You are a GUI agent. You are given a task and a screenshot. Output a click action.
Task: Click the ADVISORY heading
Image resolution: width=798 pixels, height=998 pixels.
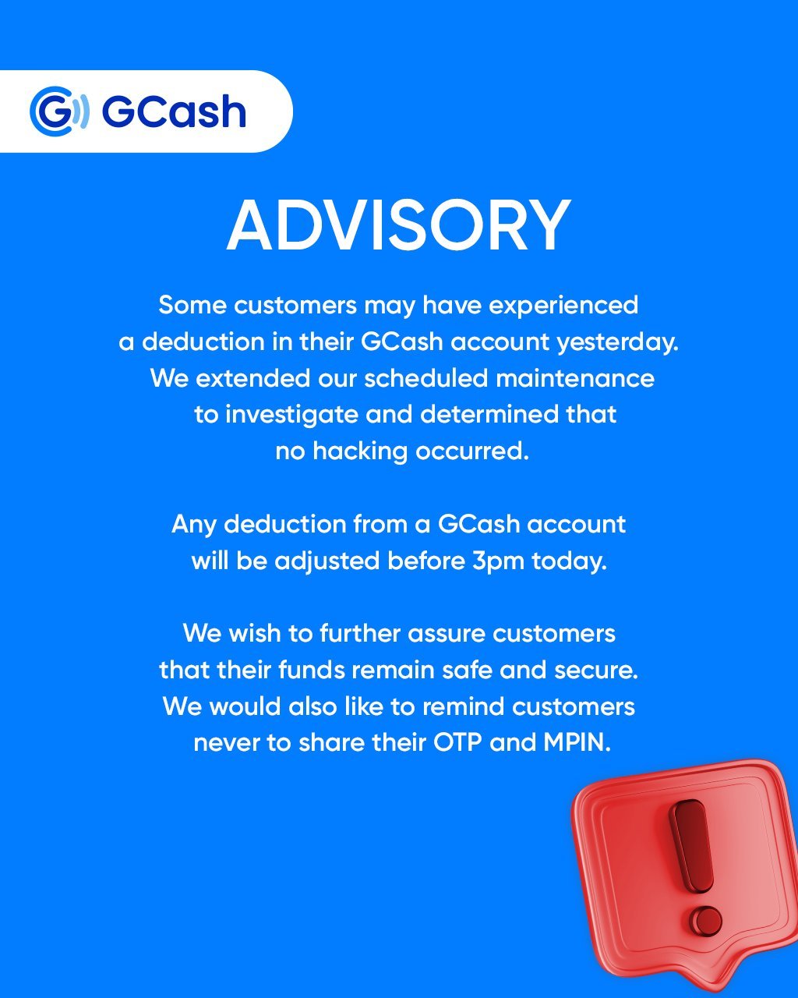(398, 225)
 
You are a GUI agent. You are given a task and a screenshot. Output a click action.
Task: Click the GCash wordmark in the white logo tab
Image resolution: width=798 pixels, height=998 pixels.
(174, 111)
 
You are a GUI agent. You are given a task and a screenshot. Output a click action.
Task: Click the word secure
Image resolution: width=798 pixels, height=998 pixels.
(595, 670)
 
